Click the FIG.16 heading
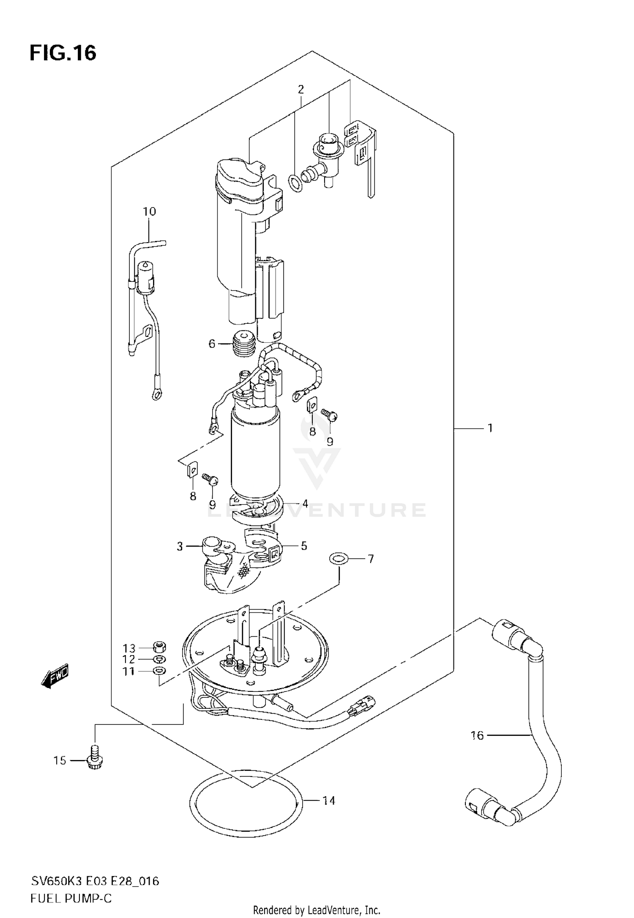point(63,54)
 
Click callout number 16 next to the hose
point(477,735)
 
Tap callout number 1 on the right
point(490,428)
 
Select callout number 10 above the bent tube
point(149,211)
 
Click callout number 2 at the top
point(301,89)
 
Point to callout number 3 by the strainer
point(180,546)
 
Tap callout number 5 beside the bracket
point(304,546)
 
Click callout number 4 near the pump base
point(305,503)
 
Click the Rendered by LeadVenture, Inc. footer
point(317,910)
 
